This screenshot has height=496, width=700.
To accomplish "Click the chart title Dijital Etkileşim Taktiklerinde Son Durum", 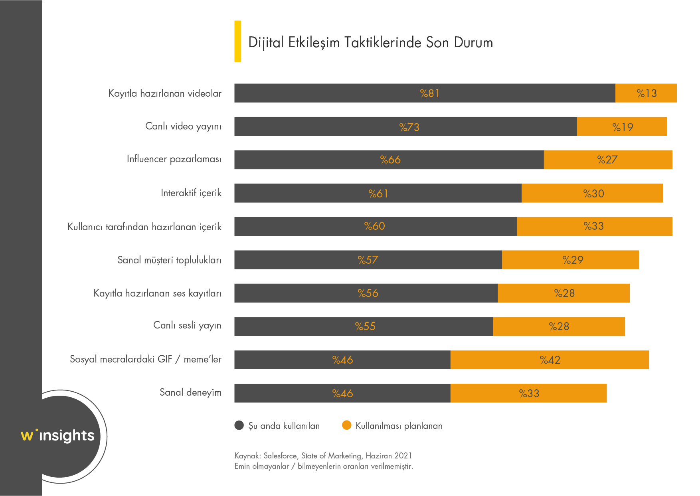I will [x=370, y=42].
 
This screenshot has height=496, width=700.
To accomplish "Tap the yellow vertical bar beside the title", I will [x=237, y=41].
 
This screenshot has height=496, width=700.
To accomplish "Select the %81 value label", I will [x=429, y=94].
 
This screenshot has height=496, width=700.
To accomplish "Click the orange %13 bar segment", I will [x=646, y=93].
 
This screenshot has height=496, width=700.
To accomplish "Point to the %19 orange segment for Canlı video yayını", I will [x=622, y=127].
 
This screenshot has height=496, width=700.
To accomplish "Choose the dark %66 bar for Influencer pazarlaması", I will [x=389, y=160].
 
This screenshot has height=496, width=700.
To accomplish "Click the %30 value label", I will [x=593, y=194].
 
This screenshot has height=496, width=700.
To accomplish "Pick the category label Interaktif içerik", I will [x=191, y=193].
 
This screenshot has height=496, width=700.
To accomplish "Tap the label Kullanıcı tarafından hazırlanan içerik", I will [x=144, y=227].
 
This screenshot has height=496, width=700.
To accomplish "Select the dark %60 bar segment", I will [x=375, y=226].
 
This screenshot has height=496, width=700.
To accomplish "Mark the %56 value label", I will [x=368, y=293].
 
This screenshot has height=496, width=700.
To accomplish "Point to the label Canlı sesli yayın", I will [x=187, y=325].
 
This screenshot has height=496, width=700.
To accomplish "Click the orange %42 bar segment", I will [x=550, y=360].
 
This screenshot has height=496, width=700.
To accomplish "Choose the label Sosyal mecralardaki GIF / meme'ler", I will [x=145, y=359].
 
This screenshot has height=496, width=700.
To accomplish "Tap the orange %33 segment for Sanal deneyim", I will [x=528, y=393].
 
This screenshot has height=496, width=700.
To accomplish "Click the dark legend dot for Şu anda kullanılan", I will [x=239, y=425].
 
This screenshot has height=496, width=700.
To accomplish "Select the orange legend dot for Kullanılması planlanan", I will [x=346, y=425].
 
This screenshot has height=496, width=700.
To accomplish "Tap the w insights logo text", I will [x=58, y=435].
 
